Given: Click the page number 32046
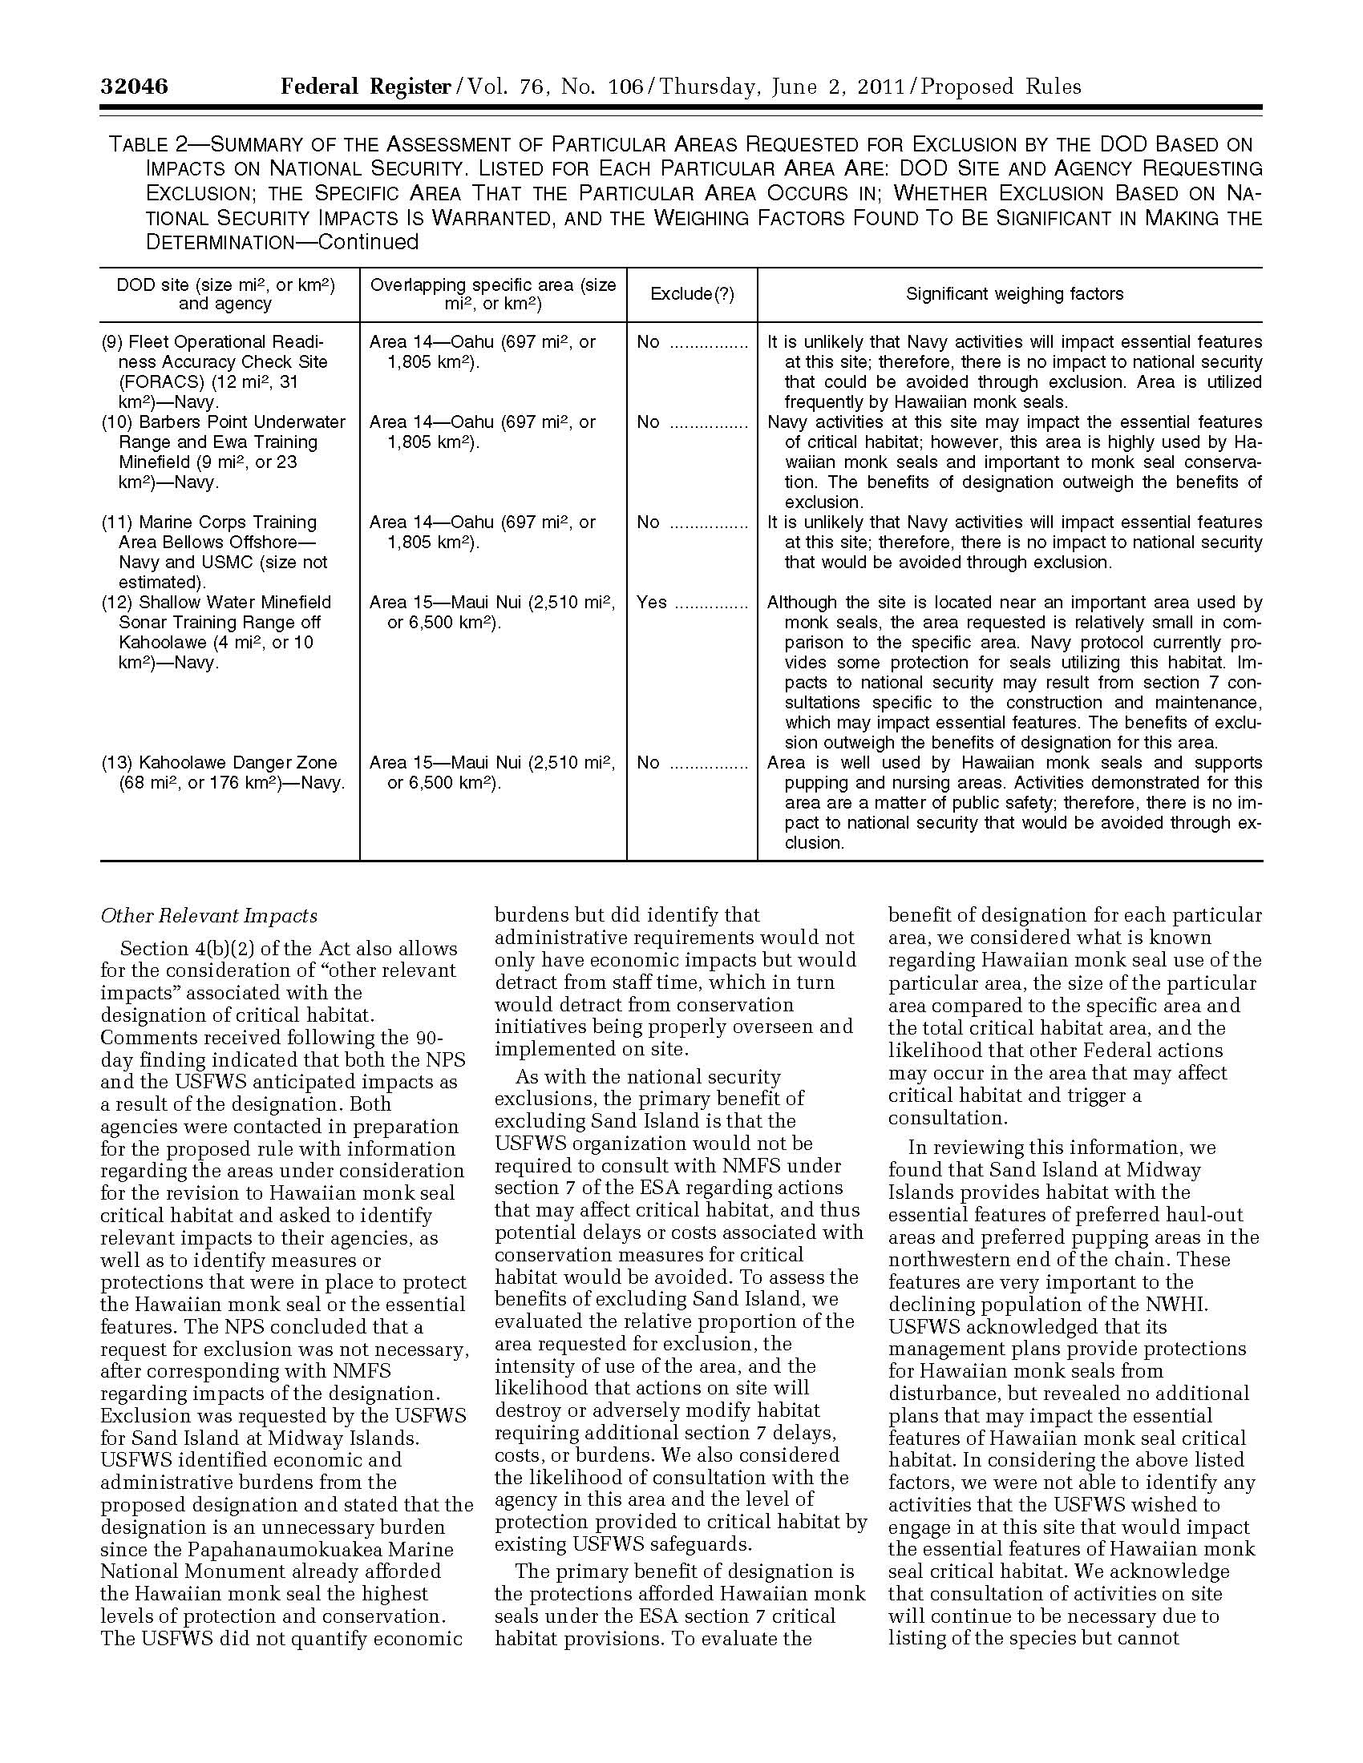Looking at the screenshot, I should tap(134, 87).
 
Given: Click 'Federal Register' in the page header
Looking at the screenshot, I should tap(365, 87).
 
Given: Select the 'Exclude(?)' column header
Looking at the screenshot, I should tap(692, 294).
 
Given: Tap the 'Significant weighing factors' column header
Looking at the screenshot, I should tap(1014, 294).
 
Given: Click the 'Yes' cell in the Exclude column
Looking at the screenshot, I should tap(652, 602).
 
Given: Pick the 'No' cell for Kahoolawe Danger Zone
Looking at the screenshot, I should tap(649, 762).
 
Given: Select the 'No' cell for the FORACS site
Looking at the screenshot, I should tap(649, 342).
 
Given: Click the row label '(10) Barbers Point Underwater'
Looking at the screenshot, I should tap(224, 422).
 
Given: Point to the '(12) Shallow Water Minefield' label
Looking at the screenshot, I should tap(216, 602).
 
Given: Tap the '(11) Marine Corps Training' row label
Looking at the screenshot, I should tap(209, 522).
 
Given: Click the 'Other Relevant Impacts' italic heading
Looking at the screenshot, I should tap(208, 915).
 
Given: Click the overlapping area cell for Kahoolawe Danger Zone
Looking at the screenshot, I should tap(491, 773).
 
